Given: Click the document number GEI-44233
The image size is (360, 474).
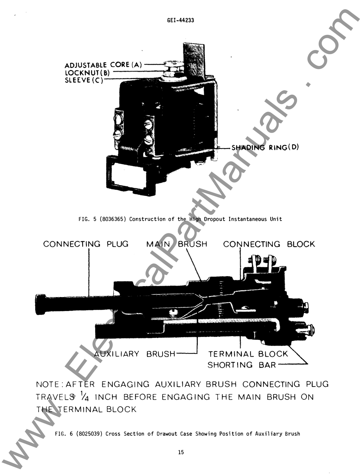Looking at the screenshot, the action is [x=180, y=20].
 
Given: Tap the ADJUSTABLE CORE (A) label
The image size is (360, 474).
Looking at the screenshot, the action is [x=103, y=65].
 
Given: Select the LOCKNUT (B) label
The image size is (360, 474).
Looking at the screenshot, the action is [x=87, y=72].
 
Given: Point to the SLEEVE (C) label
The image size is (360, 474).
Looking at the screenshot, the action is [x=84, y=80].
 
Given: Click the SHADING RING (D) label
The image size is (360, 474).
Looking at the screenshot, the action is [x=265, y=147].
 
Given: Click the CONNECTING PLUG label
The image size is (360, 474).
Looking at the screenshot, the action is [x=86, y=244].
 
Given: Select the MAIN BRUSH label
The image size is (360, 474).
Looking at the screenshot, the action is [x=177, y=244].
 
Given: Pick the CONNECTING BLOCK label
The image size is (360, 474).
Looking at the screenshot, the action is [x=269, y=244].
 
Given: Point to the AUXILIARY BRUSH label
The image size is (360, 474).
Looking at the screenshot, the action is [x=135, y=354].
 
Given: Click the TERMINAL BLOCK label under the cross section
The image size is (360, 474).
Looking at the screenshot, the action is [x=248, y=354].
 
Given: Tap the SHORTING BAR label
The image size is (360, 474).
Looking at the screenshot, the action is [x=242, y=365].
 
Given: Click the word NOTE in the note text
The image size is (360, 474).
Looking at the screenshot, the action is [x=49, y=384].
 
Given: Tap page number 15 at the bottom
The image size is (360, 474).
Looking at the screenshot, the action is [x=180, y=452].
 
